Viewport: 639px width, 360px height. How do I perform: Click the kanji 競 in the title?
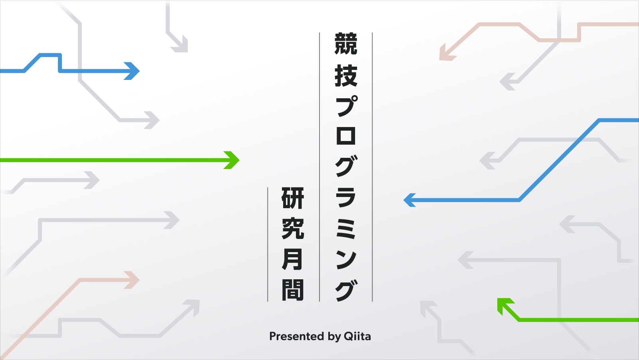(x=346, y=44)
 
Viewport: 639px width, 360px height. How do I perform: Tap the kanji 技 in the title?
(x=346, y=76)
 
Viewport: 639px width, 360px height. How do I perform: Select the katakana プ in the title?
(x=346, y=106)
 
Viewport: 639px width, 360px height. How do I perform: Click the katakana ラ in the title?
(x=346, y=198)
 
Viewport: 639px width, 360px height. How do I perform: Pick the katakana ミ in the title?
(x=346, y=229)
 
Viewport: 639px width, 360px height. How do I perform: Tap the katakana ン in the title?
(x=346, y=259)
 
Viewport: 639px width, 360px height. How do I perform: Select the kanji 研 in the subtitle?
(x=293, y=198)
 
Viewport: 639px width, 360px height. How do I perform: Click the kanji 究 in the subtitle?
(x=293, y=229)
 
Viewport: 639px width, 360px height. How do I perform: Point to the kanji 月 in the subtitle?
(x=293, y=259)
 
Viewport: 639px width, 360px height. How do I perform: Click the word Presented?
(x=296, y=336)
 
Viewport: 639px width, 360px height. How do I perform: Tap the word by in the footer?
(x=334, y=337)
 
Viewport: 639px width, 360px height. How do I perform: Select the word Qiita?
(x=357, y=336)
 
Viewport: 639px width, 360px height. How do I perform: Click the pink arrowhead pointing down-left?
(x=446, y=54)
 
